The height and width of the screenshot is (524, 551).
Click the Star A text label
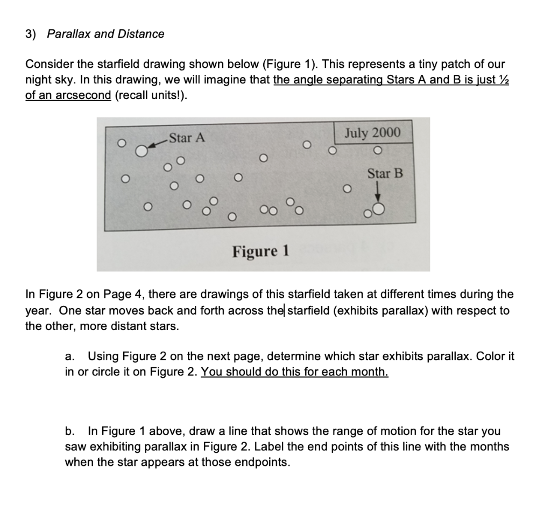tap(186, 138)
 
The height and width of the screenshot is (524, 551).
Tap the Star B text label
tap(385, 173)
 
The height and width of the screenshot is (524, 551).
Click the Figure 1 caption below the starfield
tap(261, 251)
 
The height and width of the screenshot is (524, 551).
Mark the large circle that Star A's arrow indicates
tap(141, 151)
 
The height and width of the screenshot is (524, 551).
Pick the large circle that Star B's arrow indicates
tap(378, 209)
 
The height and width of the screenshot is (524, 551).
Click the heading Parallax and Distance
tap(105, 34)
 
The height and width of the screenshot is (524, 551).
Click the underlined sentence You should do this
tap(294, 372)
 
